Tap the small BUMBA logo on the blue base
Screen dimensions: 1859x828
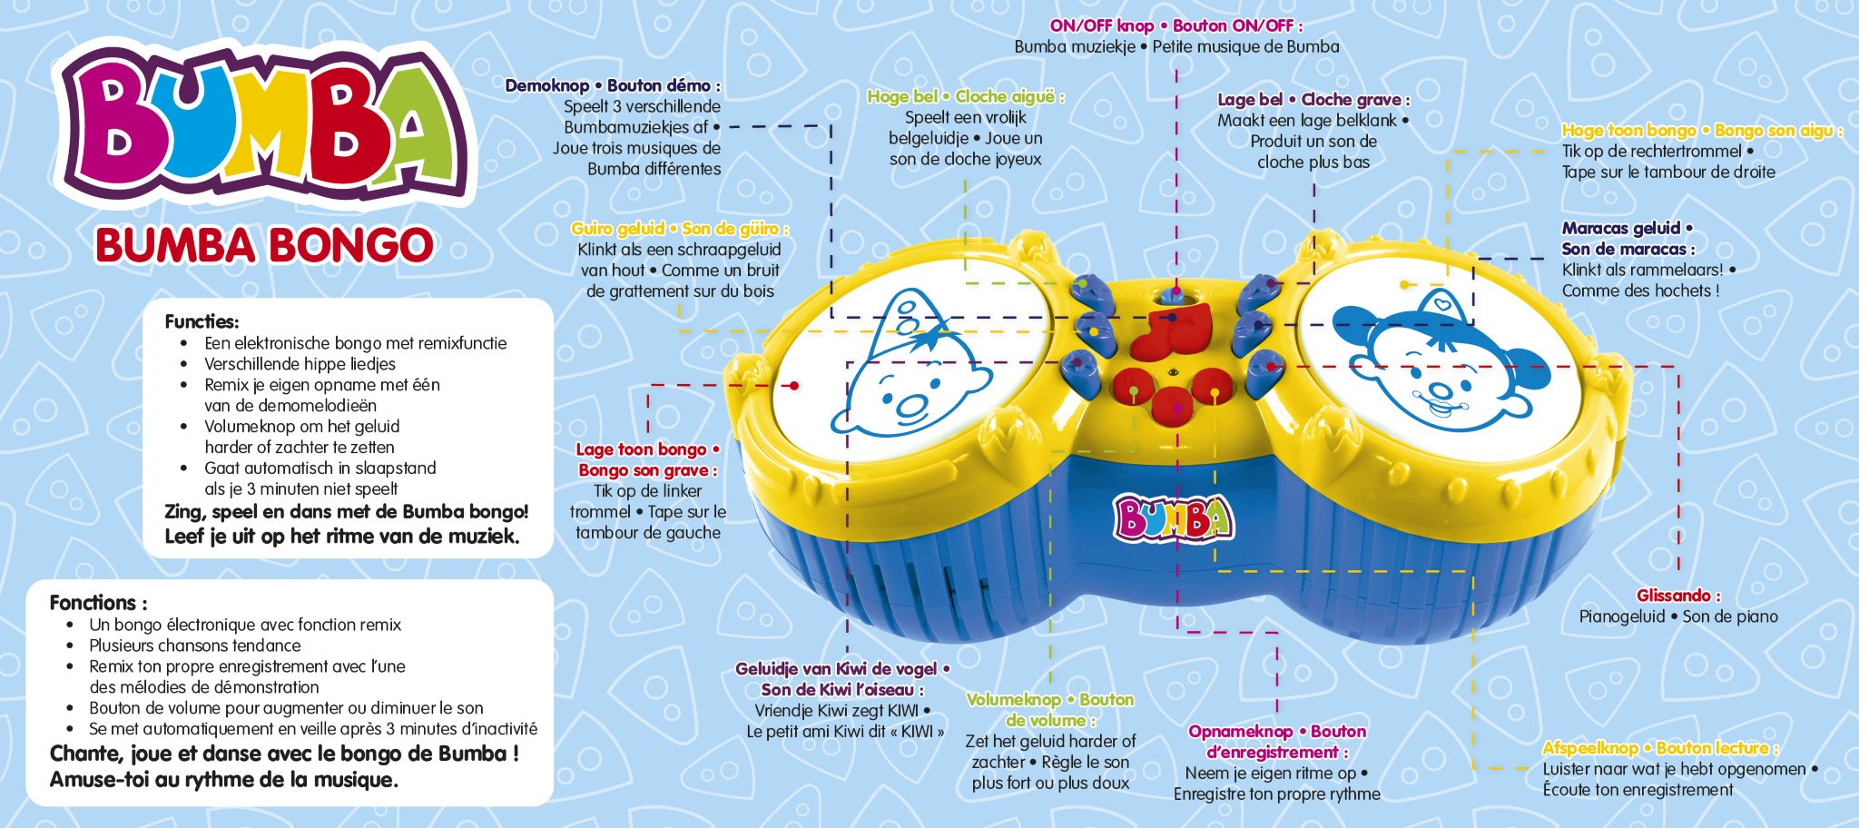[1174, 517]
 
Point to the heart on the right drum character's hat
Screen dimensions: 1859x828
[1439, 301]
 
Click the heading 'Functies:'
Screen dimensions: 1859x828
[202, 321]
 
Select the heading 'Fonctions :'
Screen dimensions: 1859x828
[98, 603]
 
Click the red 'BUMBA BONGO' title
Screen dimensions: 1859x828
[264, 245]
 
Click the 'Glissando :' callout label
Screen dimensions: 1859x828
[1678, 596]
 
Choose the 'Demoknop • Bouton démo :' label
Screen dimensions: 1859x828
[613, 86]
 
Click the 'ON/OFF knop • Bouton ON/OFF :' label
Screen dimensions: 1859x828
[1176, 26]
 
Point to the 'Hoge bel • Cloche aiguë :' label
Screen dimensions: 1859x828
[966, 96]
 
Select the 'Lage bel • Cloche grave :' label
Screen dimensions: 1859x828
[1313, 100]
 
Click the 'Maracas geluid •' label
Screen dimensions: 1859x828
[1628, 228]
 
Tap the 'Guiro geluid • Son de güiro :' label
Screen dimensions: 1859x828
[680, 229]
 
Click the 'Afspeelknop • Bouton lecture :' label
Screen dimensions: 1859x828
[1660, 748]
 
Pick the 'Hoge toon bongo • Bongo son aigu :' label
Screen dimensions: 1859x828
[1702, 131]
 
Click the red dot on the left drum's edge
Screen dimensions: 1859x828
[794, 386]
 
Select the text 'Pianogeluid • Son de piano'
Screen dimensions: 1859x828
[1678, 616]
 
